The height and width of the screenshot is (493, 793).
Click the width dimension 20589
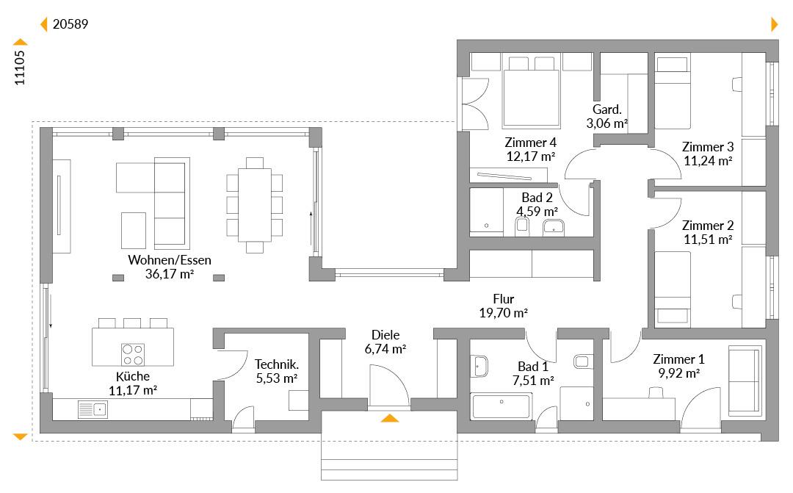pos(70,24)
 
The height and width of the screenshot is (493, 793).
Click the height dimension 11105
pos(20,68)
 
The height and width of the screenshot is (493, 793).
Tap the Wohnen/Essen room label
pos(170,259)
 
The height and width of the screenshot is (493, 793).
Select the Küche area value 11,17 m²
pos(132,390)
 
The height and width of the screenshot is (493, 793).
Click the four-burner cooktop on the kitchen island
pos(132,354)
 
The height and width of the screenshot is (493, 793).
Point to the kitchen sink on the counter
pos(93,409)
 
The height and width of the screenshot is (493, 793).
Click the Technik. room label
pos(277,364)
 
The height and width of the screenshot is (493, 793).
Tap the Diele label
pos(385,334)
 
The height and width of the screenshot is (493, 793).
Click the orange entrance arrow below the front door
pos(389,417)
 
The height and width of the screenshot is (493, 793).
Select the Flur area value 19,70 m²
pos(503,313)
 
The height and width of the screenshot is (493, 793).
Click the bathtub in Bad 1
pos(501,406)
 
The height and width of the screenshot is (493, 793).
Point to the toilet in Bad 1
pos(583,361)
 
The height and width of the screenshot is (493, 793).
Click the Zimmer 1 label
pos(678,359)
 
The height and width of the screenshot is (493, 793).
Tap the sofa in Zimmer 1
pos(745,381)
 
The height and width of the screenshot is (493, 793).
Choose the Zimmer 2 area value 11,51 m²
pos(708,239)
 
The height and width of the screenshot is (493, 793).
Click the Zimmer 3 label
pos(708,147)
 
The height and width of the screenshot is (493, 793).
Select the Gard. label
pos(607,109)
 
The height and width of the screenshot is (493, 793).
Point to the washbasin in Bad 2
pos(554,227)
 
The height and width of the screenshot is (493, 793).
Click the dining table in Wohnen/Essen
pos(254,204)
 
